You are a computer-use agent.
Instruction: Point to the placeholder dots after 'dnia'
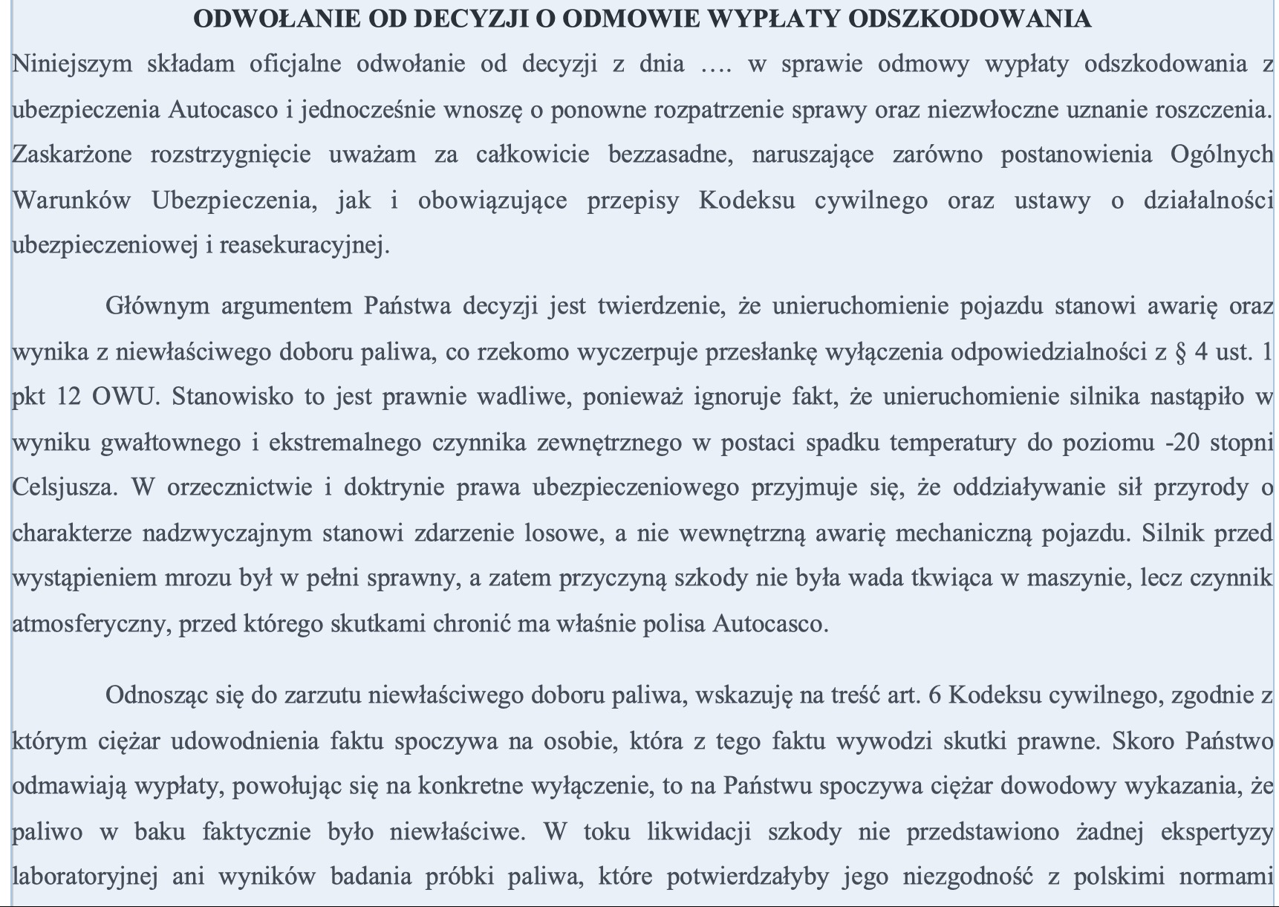[717, 65]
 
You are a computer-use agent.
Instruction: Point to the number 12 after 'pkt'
[68, 397]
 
